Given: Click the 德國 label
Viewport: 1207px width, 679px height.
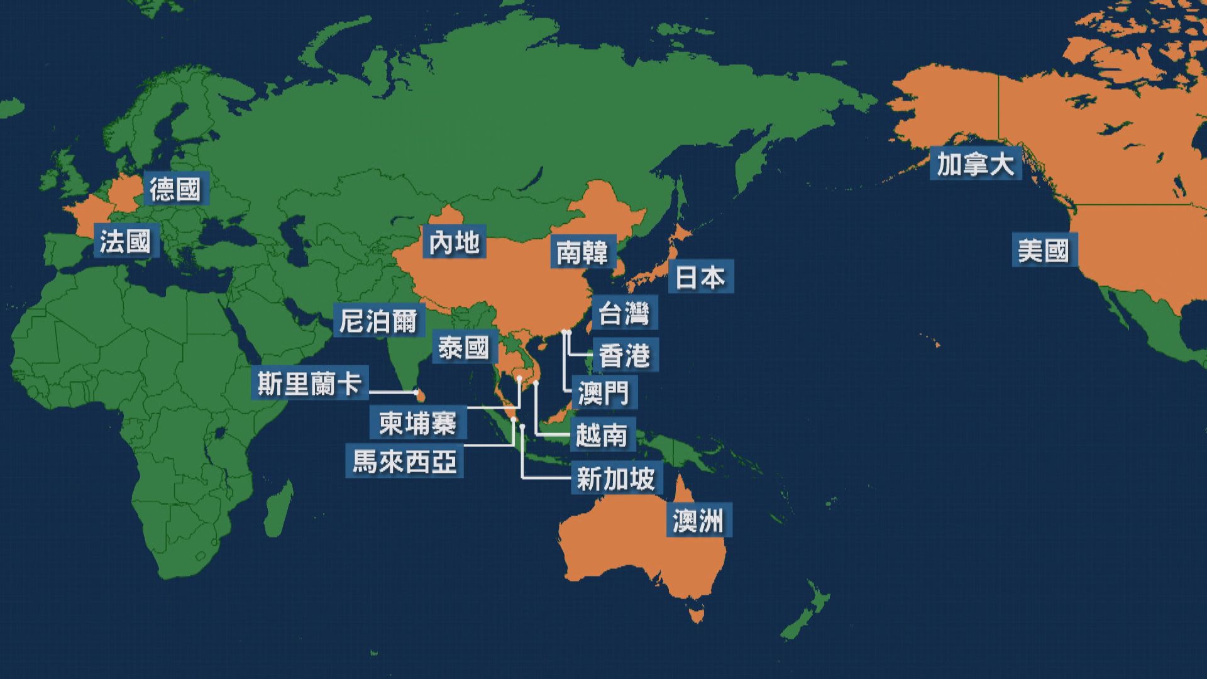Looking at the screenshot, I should pyautogui.click(x=175, y=189).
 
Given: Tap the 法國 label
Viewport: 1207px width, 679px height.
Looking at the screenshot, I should pyautogui.click(x=125, y=241).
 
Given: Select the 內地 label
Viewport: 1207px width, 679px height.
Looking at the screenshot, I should pyautogui.click(x=455, y=243).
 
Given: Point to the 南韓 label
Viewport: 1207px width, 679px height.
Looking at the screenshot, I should pyautogui.click(x=583, y=253).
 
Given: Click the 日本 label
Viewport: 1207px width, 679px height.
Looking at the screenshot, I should pyautogui.click(x=700, y=277).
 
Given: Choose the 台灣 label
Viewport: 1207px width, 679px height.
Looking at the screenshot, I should pyautogui.click(x=624, y=313).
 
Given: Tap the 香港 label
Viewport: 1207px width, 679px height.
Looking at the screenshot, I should pyautogui.click(x=624, y=356).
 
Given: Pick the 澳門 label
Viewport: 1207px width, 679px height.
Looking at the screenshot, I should pyautogui.click(x=603, y=393).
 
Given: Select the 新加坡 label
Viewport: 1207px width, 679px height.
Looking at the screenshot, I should pyautogui.click(x=616, y=480).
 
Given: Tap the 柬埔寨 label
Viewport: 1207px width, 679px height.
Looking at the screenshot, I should pyautogui.click(x=417, y=423).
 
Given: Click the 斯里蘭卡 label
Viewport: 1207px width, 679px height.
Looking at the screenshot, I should pyautogui.click(x=309, y=384).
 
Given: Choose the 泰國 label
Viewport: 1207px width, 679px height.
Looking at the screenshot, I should pyautogui.click(x=464, y=348).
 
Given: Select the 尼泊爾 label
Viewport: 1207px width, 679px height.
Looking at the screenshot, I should pyautogui.click(x=378, y=321).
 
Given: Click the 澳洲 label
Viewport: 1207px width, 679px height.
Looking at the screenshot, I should pyautogui.click(x=698, y=521).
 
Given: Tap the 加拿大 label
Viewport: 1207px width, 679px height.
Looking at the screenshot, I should pyautogui.click(x=976, y=165).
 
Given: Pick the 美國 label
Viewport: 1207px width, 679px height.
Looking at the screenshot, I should pyautogui.click(x=1044, y=251).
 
